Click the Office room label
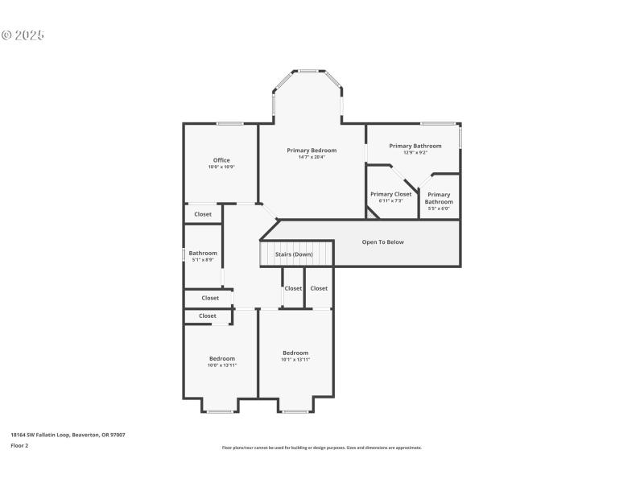221,160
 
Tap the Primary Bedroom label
312,151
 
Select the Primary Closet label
390,194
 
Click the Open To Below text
382,242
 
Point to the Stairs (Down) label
294,254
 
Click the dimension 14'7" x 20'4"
312,157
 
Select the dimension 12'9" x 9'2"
415,152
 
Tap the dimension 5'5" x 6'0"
439,208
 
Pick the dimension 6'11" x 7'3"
390,200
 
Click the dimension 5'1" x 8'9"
203,260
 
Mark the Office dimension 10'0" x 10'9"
221,167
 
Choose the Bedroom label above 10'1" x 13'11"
295,353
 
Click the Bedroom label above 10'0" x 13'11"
222,358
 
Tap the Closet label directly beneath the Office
203,214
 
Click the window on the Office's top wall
229,123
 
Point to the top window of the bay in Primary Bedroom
308,71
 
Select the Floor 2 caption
19,445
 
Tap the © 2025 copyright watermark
23,35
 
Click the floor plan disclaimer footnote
321,448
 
